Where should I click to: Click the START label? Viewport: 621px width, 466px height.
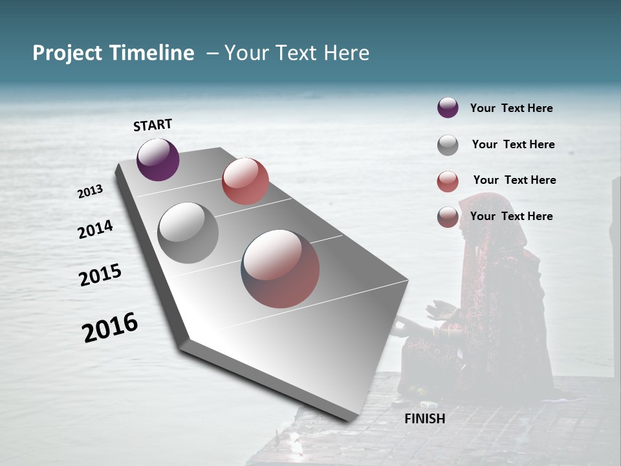click(x=153, y=125)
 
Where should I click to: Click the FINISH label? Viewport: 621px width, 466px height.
click(x=425, y=419)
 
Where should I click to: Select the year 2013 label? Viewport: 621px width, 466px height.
click(x=91, y=192)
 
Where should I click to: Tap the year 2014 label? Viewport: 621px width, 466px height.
click(x=96, y=230)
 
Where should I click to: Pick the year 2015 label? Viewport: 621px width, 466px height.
click(x=100, y=275)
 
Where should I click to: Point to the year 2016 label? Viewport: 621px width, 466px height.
click(x=110, y=327)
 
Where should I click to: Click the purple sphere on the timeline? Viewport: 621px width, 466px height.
click(x=158, y=159)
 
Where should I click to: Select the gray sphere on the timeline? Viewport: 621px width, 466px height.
click(x=188, y=233)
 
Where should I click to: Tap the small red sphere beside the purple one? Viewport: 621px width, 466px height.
click(x=245, y=181)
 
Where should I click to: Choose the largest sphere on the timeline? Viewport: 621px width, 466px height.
click(x=281, y=269)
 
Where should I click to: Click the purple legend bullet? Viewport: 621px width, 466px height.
click(x=448, y=108)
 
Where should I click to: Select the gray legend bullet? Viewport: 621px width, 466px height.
click(x=448, y=145)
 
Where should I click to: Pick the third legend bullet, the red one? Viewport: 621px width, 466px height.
click(x=448, y=181)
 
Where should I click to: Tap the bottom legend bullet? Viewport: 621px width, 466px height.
click(x=448, y=217)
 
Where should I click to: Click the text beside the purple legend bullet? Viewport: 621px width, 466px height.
click(x=511, y=108)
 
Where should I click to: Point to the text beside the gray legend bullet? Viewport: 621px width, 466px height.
click(x=513, y=144)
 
